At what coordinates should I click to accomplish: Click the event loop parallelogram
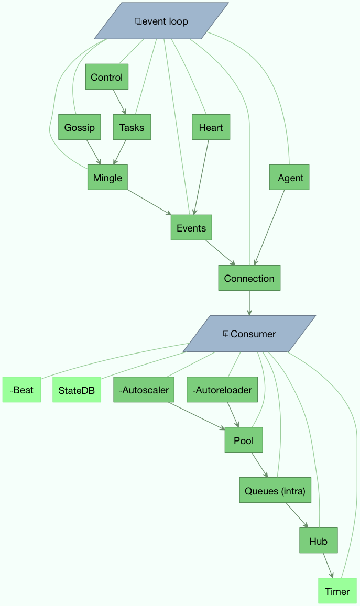161,21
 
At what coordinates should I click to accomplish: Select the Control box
107,77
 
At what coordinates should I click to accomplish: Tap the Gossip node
79,127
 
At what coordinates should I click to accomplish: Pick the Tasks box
132,127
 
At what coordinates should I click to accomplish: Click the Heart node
211,127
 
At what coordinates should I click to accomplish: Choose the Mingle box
107,178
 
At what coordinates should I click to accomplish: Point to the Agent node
289,178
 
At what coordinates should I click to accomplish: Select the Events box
191,228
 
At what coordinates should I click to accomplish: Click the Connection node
249,278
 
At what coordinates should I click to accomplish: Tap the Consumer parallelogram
249,334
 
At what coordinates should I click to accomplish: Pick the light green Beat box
21,390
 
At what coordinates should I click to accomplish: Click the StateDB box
77,390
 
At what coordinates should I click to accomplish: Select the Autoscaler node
144,390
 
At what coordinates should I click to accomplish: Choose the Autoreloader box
222,390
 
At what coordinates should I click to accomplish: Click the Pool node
244,440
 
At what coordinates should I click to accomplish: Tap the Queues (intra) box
275,490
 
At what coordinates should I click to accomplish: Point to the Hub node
318,541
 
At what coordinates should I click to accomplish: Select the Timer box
337,591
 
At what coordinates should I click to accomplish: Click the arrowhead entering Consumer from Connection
249,313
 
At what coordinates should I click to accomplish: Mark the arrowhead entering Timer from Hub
331,575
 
